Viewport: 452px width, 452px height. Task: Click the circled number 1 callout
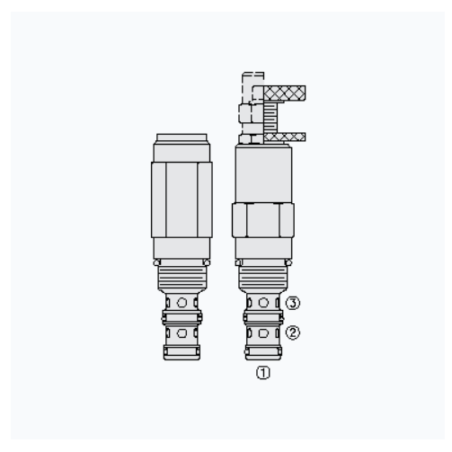[263, 373]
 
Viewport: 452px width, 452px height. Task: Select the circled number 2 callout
[292, 332]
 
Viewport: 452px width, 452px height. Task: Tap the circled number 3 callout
[292, 303]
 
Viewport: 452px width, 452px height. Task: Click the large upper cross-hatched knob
[285, 93]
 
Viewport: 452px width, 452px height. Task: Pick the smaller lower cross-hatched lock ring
[285, 137]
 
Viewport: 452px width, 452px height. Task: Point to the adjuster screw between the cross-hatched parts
[270, 117]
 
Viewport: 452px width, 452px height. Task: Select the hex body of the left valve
[182, 199]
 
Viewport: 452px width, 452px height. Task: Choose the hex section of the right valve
[263, 220]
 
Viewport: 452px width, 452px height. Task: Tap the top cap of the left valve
[182, 137]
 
